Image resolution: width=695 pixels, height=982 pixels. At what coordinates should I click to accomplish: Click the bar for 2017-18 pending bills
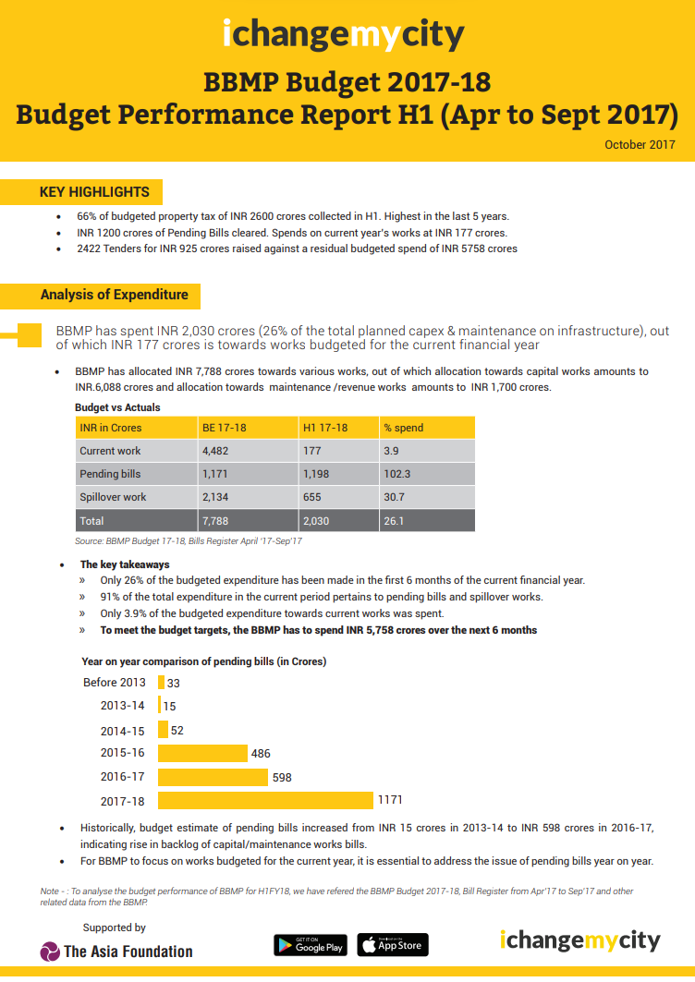coord(265,799)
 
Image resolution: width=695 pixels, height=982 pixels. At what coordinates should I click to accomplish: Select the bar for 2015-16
coord(202,754)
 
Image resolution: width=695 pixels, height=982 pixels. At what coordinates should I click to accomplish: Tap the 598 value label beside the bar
coord(282,777)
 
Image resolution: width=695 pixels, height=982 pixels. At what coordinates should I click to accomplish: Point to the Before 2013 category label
coord(115,683)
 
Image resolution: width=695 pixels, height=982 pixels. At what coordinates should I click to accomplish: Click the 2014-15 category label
coord(123,730)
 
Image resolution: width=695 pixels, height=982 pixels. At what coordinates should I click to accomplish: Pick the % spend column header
coord(404,428)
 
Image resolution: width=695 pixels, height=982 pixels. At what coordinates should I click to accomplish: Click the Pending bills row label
coord(111,474)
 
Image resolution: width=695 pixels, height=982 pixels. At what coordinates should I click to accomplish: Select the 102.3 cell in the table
coord(397,474)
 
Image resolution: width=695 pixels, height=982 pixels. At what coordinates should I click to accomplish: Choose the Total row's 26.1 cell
coord(394,521)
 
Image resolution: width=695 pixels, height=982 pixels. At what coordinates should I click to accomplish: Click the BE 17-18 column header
coord(224,428)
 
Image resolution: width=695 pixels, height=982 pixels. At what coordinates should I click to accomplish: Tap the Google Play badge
coord(310,944)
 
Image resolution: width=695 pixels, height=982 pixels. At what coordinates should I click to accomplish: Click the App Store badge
coord(393,944)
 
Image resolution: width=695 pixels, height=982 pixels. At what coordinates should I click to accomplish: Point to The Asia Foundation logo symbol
coord(50,951)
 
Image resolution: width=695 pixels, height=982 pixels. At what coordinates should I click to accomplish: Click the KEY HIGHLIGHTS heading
coord(94,192)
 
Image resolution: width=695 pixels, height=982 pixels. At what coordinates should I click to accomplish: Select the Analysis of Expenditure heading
coord(114,295)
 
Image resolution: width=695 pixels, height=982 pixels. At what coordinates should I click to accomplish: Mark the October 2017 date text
coord(640,144)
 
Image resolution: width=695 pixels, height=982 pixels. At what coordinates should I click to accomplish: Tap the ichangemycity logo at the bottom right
coord(580,941)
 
